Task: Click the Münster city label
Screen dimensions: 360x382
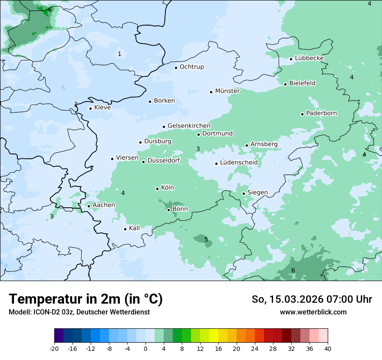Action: [x=227, y=91]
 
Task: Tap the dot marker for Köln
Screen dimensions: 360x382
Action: [x=158, y=189]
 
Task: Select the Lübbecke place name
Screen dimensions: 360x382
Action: [x=309, y=58]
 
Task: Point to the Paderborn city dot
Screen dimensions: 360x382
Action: [x=302, y=114]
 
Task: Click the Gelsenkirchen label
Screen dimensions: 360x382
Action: [x=189, y=126]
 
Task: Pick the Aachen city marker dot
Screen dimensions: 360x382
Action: [x=89, y=206]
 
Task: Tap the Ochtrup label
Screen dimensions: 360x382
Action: [x=191, y=67]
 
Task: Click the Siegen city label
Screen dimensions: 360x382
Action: [x=257, y=193]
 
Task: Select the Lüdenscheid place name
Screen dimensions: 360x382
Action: [x=239, y=163]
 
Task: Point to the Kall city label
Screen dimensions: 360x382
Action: [x=134, y=228]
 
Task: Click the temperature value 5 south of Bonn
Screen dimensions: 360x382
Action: [x=206, y=239]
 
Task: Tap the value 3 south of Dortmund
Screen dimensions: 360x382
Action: [x=198, y=149]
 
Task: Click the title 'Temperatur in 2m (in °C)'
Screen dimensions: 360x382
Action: [x=86, y=299]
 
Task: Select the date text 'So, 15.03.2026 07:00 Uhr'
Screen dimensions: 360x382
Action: [x=312, y=299]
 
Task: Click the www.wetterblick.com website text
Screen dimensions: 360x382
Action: [x=313, y=312]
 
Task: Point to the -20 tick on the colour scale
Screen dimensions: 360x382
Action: [x=54, y=348]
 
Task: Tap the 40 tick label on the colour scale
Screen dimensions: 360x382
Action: [x=328, y=348]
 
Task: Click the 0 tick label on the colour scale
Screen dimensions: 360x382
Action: [x=145, y=348]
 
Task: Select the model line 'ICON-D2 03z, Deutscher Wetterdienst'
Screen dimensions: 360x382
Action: [x=79, y=312]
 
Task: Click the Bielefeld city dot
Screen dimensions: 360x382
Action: [x=285, y=84]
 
